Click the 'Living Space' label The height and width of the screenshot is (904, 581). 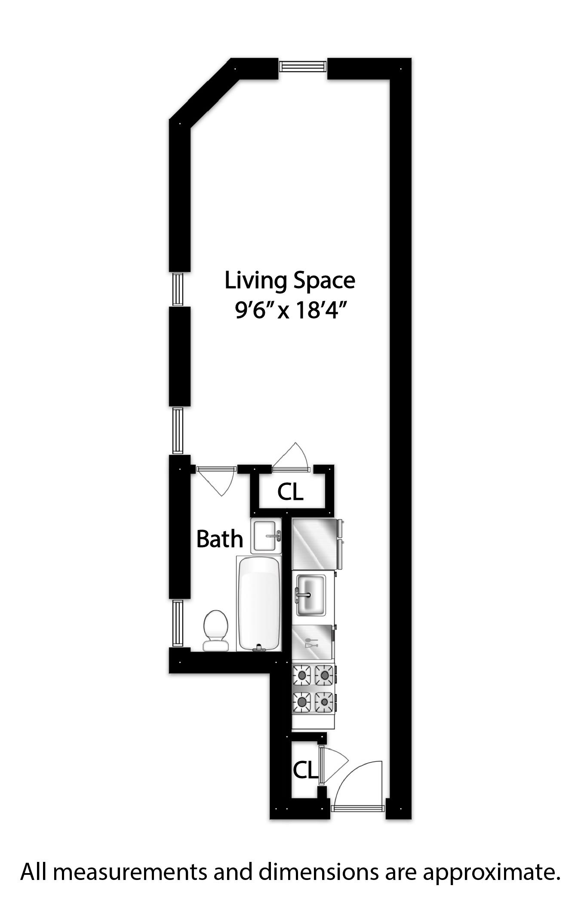point(290,280)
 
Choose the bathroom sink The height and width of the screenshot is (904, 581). point(266,536)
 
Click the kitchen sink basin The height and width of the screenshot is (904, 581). point(310,595)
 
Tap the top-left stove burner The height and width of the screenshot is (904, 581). point(302,676)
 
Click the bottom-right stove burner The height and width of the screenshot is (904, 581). point(325,702)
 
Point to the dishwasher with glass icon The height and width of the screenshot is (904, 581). point(312,642)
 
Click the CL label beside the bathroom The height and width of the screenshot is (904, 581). point(290,492)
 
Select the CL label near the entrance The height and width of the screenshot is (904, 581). point(305,770)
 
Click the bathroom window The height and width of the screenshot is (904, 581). point(178,623)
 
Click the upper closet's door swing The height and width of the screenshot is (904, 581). point(292,457)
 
